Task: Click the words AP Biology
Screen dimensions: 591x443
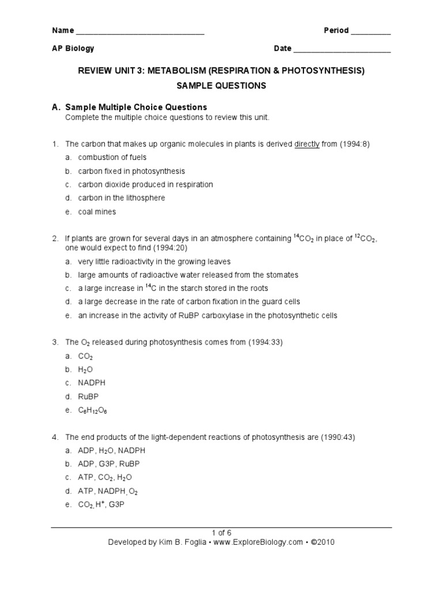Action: click(73, 49)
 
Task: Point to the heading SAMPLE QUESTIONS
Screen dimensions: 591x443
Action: click(221, 85)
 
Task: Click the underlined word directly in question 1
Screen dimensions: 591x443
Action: click(307, 144)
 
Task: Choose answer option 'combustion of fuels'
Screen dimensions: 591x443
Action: click(112, 158)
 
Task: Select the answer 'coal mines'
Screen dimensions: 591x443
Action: click(97, 212)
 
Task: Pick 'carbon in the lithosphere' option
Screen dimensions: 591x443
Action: click(122, 198)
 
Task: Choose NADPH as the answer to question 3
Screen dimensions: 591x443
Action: click(92, 383)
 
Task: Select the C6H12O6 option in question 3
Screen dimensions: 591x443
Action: click(92, 410)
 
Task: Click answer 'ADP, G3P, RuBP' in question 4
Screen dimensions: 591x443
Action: click(109, 463)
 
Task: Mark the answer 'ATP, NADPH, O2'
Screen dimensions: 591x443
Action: click(108, 491)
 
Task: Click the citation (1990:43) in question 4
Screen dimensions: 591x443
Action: click(337, 437)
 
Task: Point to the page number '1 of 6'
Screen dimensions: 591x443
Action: click(221, 533)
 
